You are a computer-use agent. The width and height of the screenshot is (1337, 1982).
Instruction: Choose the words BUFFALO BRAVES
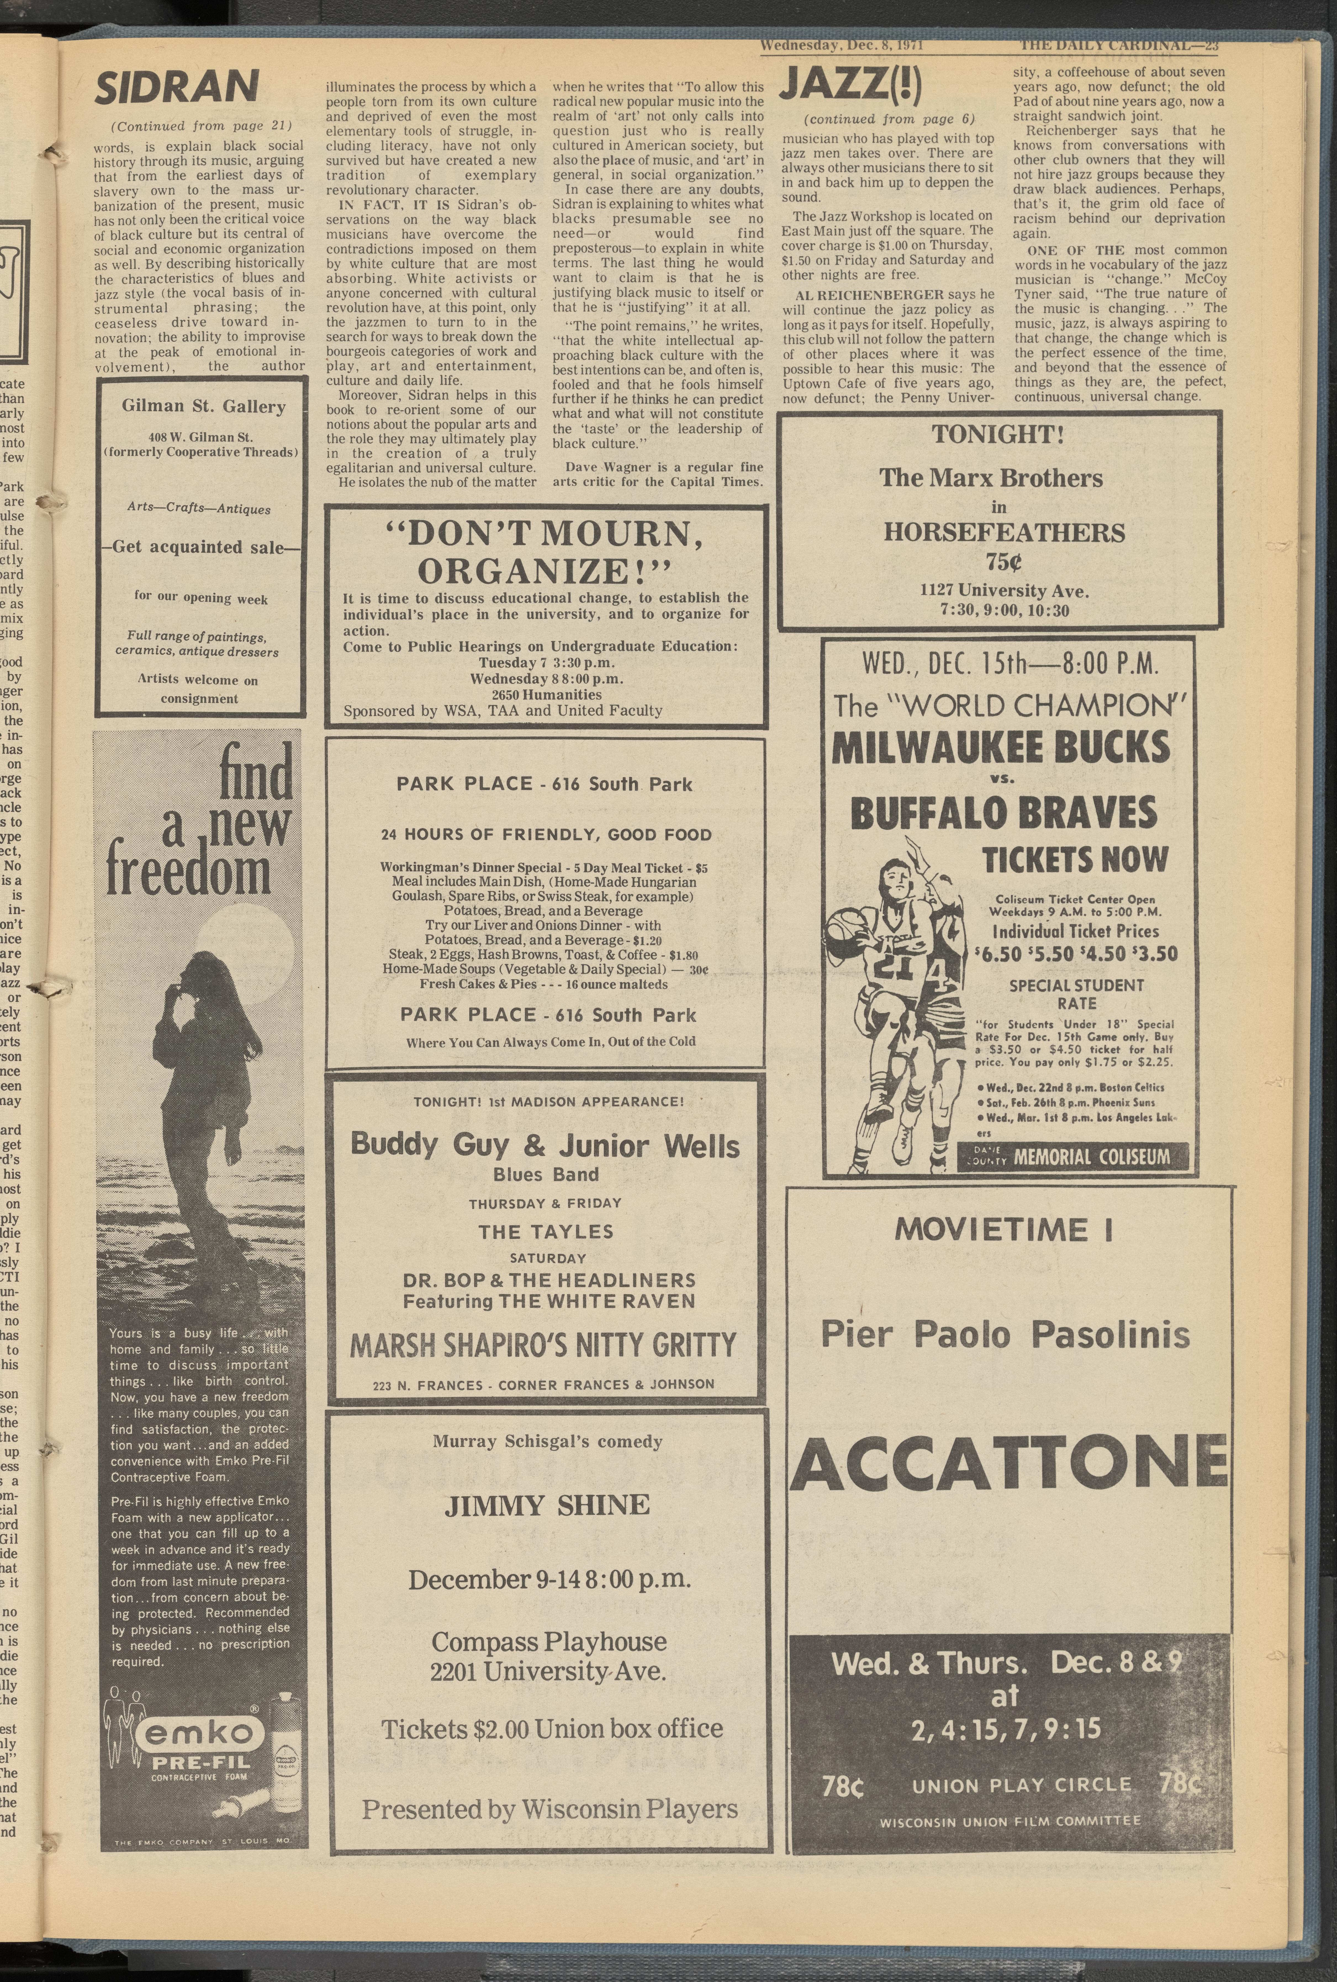pos(1004,814)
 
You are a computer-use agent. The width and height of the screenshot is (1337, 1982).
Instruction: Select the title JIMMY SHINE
pos(546,1505)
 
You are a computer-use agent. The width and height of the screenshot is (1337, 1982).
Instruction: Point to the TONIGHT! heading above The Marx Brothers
pos(998,435)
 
